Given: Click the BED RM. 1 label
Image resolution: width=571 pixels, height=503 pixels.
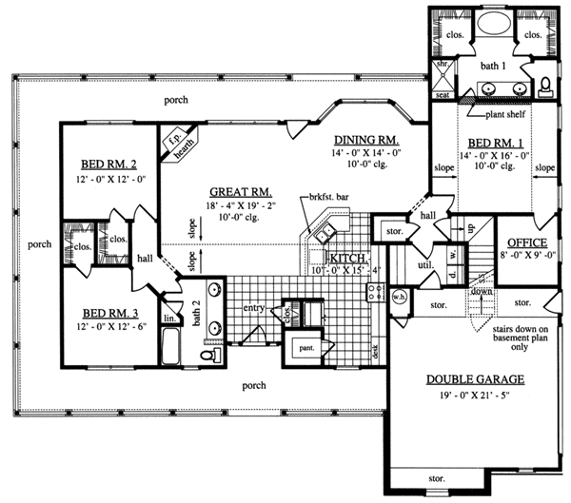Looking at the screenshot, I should point(487,142).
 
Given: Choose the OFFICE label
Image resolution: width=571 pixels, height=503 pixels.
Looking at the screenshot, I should point(525,242).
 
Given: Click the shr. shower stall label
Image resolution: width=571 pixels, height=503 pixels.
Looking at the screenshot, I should point(441,65).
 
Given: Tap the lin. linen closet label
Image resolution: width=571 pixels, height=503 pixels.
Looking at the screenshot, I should point(168,319).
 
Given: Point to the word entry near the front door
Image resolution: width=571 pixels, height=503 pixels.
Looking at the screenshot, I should point(252,307).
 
